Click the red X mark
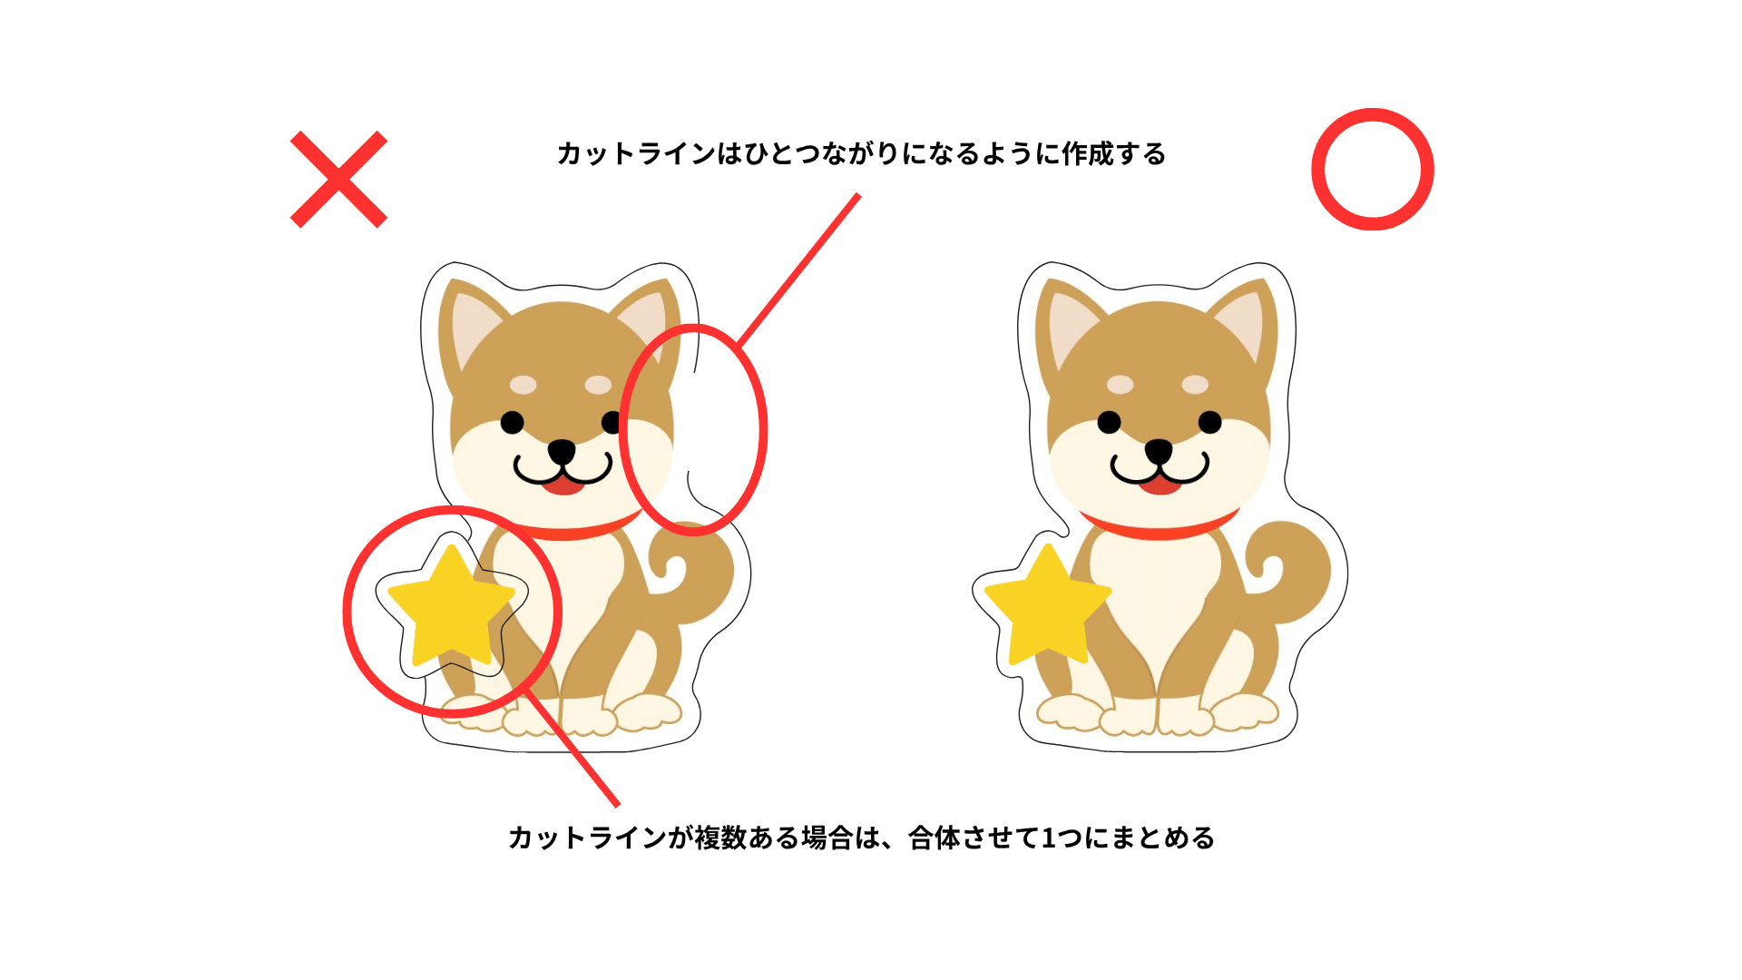(x=338, y=179)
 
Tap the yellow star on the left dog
(x=451, y=605)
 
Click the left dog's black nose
(x=562, y=451)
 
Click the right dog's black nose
(x=1159, y=451)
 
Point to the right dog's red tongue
(x=1160, y=485)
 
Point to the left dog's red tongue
(x=563, y=485)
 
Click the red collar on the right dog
(x=1160, y=527)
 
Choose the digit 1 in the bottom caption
(x=1048, y=838)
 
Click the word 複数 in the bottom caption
(x=721, y=838)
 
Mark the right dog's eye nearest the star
(x=1109, y=422)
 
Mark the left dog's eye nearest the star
(x=512, y=422)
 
